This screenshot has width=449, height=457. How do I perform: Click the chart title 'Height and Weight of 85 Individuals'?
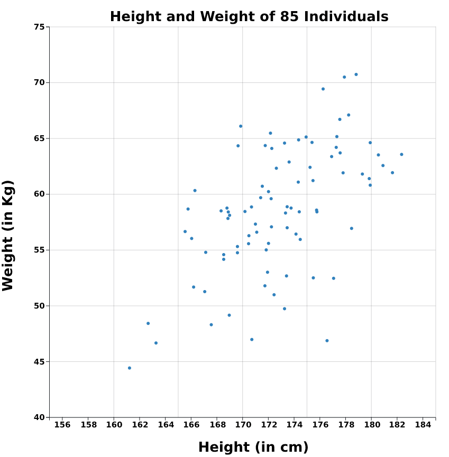tap(249, 17)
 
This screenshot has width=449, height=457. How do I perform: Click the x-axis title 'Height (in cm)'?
tap(253, 447)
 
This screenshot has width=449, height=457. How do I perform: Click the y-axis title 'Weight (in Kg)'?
tap(8, 235)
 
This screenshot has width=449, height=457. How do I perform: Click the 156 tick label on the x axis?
tap(62, 425)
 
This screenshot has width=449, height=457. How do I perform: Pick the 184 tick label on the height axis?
tap(423, 425)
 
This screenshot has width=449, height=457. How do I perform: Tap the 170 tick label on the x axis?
tap(243, 425)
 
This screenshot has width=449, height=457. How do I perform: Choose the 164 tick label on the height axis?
tap(166, 425)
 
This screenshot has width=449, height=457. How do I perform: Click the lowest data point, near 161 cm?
tap(130, 368)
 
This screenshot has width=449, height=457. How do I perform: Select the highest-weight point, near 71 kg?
tap(356, 74)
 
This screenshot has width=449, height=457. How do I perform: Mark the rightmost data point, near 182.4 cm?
tap(401, 154)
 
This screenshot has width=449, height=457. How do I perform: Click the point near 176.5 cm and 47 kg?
tap(327, 341)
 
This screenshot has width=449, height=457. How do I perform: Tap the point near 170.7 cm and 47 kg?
tap(252, 340)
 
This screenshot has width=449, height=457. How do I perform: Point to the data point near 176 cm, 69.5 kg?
tap(323, 89)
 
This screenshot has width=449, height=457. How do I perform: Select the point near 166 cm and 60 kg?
tap(195, 191)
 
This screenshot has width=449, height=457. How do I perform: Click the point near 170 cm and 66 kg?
tap(241, 126)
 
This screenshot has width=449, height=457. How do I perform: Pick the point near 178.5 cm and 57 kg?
tap(351, 228)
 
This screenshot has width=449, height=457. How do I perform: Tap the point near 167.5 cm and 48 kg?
tap(211, 325)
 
